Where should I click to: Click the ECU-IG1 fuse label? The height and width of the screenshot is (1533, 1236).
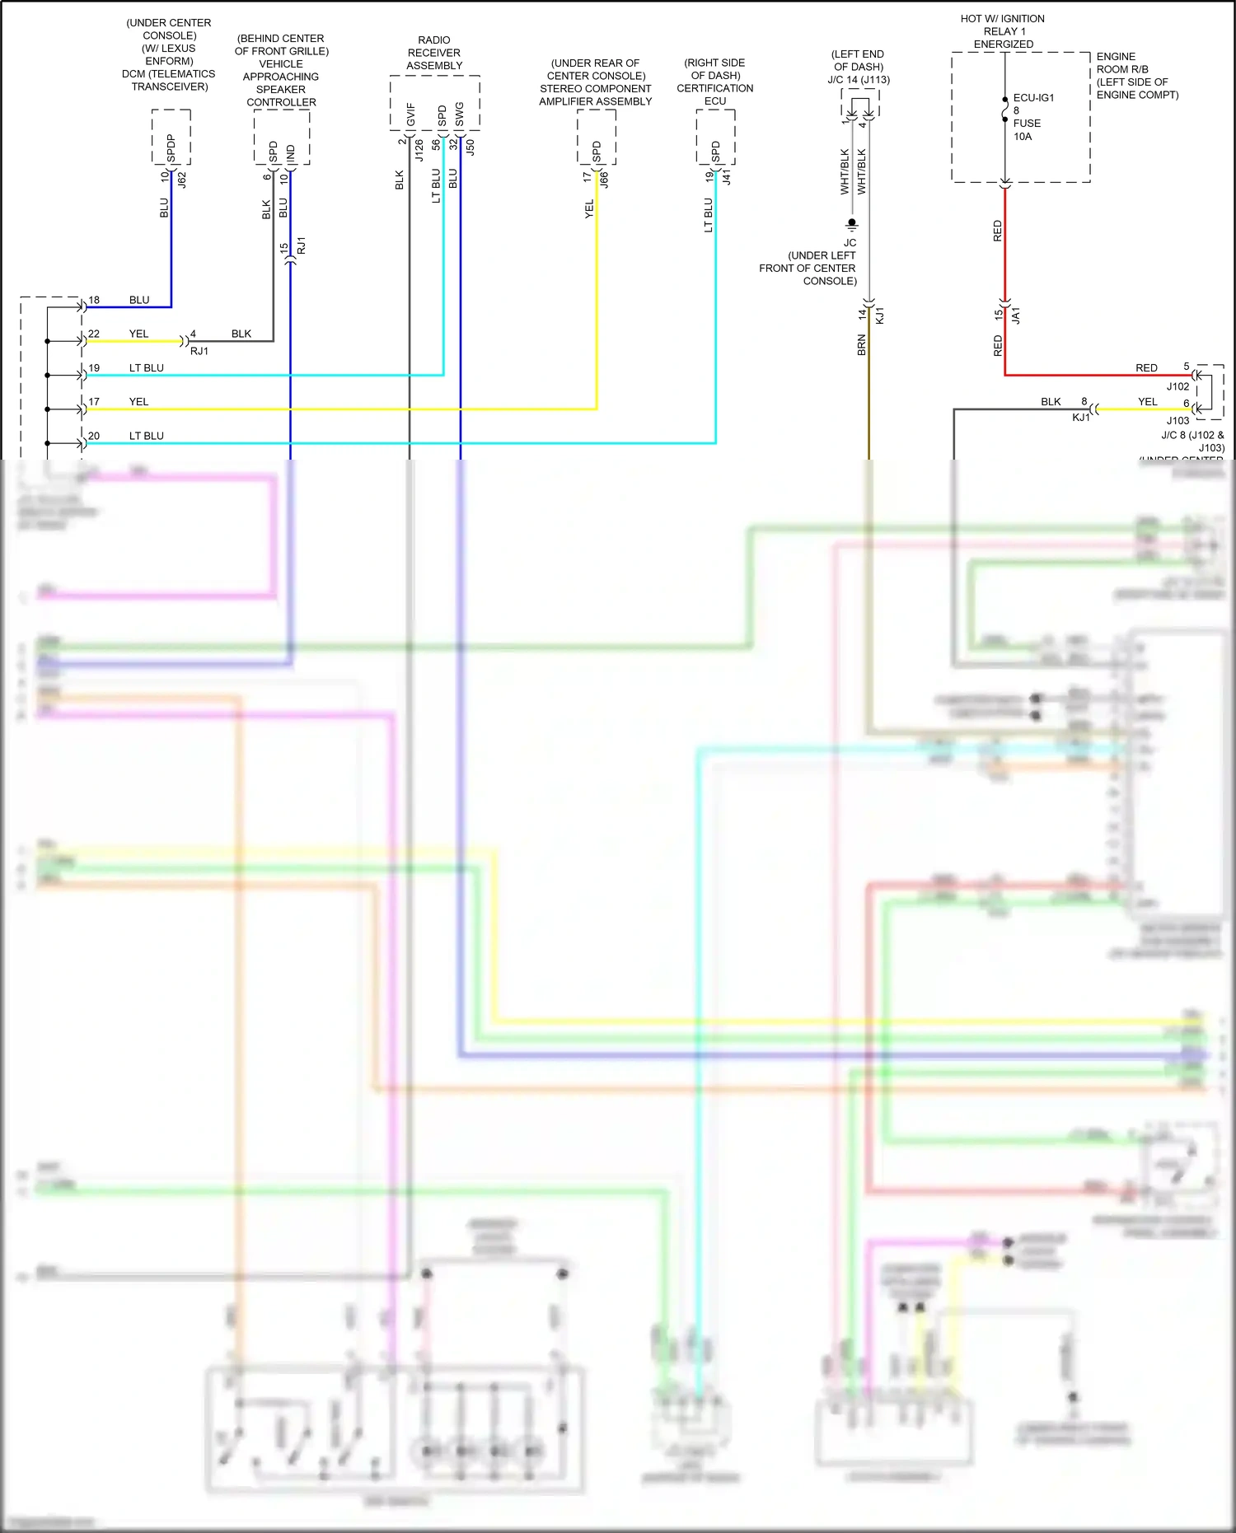click(1033, 98)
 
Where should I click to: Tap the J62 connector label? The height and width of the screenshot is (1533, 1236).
click(182, 180)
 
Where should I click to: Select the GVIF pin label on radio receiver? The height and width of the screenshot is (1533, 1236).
click(410, 115)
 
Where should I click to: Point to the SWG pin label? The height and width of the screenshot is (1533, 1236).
click(459, 115)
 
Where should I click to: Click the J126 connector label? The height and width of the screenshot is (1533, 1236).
click(419, 150)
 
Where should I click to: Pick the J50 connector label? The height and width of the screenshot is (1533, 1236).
click(470, 147)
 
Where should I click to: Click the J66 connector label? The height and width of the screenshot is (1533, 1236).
click(604, 180)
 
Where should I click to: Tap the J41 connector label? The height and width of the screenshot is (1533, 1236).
click(726, 177)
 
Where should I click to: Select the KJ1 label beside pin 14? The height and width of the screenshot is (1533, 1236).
click(879, 315)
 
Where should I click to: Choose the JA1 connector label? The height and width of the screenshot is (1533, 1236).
click(1016, 315)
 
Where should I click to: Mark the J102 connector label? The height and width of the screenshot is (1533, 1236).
click(1177, 386)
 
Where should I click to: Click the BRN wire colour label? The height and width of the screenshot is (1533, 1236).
click(861, 344)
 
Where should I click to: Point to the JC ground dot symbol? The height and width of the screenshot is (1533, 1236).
click(851, 223)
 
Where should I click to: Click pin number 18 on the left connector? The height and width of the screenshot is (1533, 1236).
click(94, 300)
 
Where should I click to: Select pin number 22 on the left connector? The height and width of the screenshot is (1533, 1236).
click(94, 334)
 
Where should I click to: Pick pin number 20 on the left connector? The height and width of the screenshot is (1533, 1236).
click(94, 436)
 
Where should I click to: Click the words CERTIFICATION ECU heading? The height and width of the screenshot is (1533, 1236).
click(715, 94)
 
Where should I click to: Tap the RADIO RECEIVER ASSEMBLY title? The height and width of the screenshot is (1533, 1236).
click(434, 53)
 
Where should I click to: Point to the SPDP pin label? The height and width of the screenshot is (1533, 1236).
click(171, 147)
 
